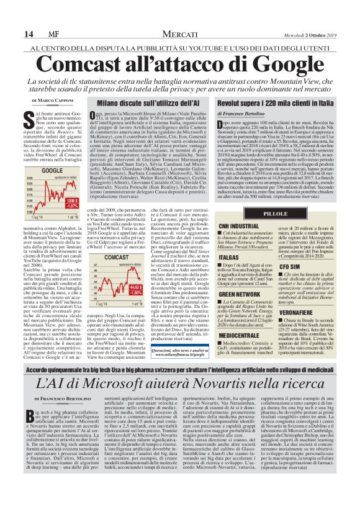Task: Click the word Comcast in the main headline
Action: (x=96, y=63)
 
